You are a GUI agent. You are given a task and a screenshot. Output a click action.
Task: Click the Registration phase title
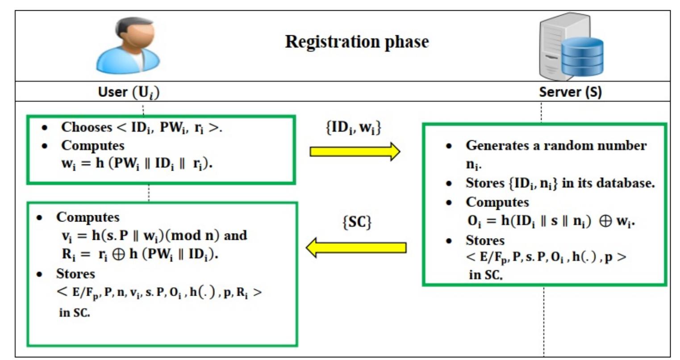click(x=357, y=42)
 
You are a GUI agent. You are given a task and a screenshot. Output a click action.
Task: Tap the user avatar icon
click(x=128, y=46)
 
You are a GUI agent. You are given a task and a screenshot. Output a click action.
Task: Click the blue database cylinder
click(x=582, y=56)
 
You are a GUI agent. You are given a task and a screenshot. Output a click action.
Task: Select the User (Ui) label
click(x=129, y=92)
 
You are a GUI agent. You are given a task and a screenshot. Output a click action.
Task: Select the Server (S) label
click(x=570, y=92)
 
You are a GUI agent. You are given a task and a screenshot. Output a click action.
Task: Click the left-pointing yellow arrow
click(x=356, y=247)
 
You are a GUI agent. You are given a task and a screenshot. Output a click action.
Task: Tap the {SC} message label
click(x=356, y=222)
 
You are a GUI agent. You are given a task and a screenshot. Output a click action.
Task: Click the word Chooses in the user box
click(x=86, y=127)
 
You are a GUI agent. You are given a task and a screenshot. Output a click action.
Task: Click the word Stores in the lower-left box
click(x=75, y=273)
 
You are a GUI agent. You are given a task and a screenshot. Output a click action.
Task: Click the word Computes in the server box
click(x=497, y=202)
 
